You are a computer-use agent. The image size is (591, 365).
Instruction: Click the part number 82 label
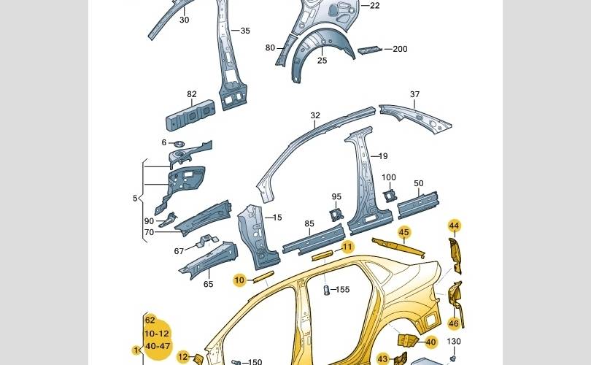click(192, 94)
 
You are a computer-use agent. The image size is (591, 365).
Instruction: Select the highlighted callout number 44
click(454, 226)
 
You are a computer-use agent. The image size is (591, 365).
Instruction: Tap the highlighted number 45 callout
click(404, 232)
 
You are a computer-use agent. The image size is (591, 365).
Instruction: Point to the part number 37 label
click(414, 94)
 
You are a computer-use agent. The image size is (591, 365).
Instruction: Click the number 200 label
click(400, 49)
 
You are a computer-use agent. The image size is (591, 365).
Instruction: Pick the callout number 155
click(342, 290)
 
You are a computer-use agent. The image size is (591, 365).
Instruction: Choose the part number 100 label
click(389, 177)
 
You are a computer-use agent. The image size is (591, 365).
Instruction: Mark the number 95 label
click(336, 197)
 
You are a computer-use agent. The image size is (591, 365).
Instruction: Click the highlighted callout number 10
click(239, 280)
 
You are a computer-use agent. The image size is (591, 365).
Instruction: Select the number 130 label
click(454, 342)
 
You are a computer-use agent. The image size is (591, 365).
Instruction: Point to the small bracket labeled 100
click(390, 194)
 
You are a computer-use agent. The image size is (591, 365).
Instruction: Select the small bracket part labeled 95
click(337, 213)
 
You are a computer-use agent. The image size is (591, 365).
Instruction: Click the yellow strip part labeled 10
click(263, 277)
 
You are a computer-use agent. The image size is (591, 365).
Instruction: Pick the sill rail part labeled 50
click(417, 204)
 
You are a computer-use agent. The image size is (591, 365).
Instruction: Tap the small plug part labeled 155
click(328, 291)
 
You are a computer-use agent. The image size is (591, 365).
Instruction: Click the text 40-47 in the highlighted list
click(158, 345)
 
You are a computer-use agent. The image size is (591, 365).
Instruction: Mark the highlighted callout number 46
click(454, 323)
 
